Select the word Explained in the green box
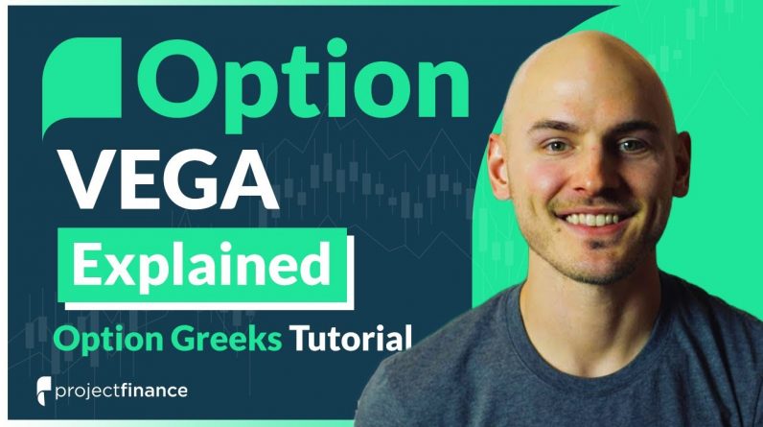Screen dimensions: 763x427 coord(201,266)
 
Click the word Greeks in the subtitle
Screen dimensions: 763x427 coord(226,339)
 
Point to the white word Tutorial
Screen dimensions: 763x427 coord(351,338)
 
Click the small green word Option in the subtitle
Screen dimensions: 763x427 coord(108,340)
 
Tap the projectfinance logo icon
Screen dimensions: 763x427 coord(44,391)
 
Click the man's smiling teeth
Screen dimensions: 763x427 coord(592,220)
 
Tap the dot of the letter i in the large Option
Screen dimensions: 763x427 coord(335,47)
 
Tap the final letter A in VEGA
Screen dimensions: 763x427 coord(248,179)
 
